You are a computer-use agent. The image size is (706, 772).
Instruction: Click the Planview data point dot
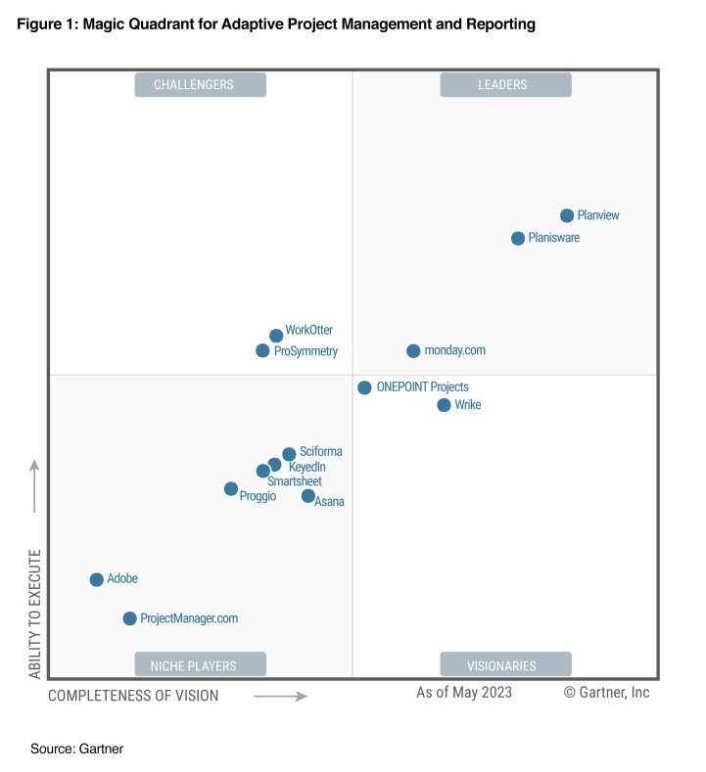click(567, 215)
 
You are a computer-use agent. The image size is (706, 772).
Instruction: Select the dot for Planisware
click(518, 238)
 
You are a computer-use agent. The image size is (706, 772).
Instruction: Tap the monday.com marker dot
click(413, 350)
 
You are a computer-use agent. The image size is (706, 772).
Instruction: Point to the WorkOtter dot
click(276, 336)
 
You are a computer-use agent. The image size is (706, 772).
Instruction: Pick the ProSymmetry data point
click(262, 350)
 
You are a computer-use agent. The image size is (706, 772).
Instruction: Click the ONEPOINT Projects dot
click(364, 387)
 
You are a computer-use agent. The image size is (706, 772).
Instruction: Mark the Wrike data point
click(444, 405)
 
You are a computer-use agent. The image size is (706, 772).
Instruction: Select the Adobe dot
click(96, 579)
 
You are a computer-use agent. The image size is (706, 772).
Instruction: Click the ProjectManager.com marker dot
click(129, 618)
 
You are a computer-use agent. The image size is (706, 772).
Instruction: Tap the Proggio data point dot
click(230, 488)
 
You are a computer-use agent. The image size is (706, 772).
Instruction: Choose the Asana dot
click(307, 496)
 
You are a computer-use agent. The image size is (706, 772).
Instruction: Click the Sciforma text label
click(321, 452)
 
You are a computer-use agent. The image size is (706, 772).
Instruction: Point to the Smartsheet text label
click(294, 481)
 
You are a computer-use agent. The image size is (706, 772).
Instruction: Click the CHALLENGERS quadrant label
click(200, 85)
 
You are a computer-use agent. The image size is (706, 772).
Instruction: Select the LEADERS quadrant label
click(505, 85)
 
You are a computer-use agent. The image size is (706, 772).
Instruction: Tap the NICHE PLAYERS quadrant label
click(200, 665)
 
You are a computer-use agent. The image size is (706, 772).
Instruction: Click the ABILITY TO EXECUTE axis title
click(35, 613)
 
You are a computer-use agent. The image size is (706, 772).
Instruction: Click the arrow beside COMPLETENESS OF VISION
click(280, 696)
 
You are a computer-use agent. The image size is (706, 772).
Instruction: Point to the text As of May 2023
click(464, 693)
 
